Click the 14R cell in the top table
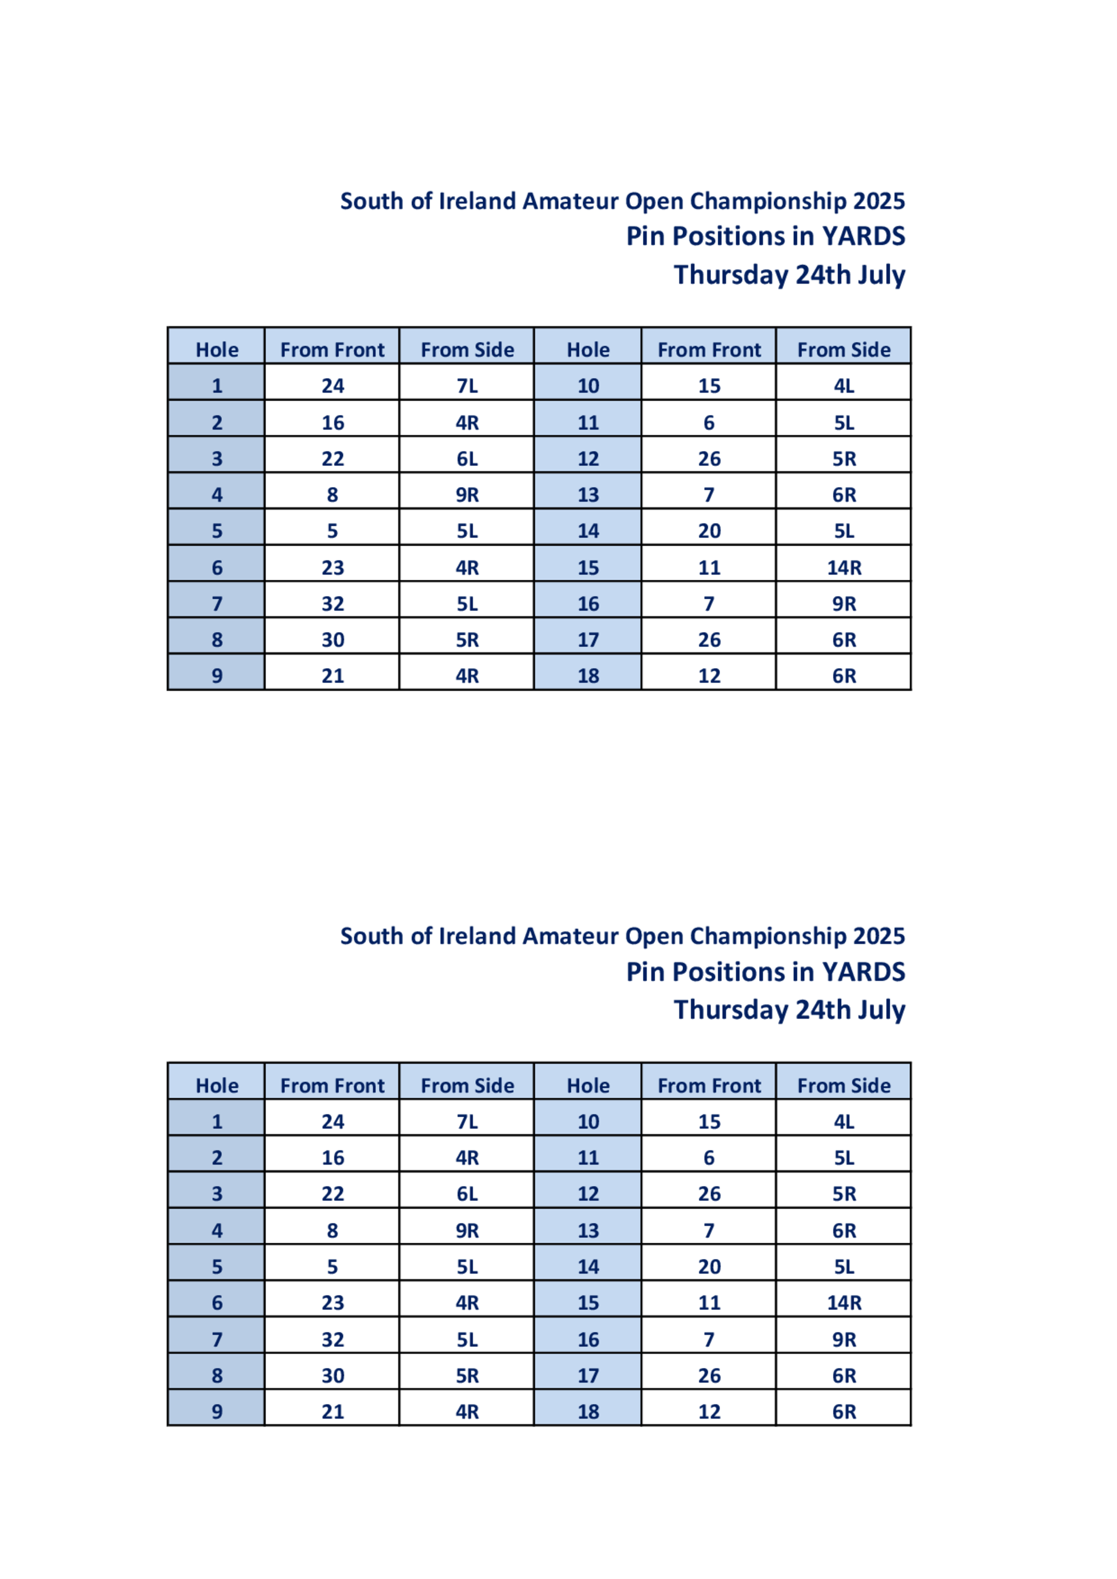[x=843, y=567]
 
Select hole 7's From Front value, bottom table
[x=332, y=1339]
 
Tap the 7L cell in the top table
[x=467, y=386]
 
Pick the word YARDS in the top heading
[x=863, y=236]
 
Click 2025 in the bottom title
[x=879, y=936]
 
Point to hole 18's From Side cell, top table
[x=843, y=676]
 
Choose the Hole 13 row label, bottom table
[x=588, y=1230]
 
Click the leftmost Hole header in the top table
[x=217, y=349]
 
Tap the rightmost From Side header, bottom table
[x=843, y=1085]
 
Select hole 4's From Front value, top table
[x=332, y=494]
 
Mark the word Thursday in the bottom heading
[x=731, y=1010]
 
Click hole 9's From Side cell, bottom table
[x=467, y=1412]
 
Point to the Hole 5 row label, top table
[x=217, y=531]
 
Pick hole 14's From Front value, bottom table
[x=709, y=1267]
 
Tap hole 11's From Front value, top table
[x=709, y=422]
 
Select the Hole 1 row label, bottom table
[x=217, y=1122]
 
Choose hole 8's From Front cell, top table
[x=332, y=640]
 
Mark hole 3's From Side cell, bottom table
[x=467, y=1194]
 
